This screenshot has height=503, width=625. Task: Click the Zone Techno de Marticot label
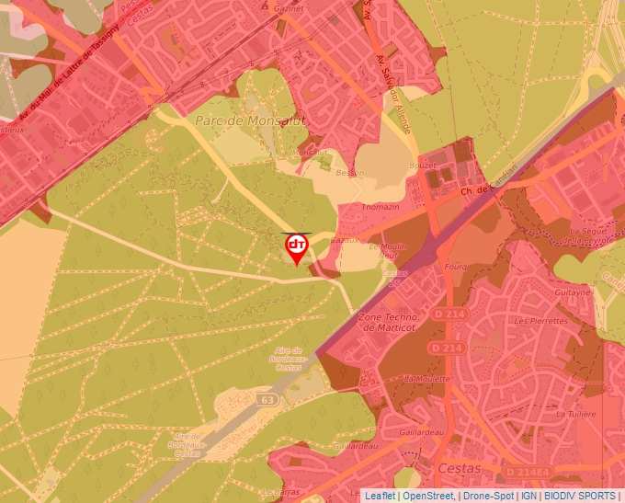[x=385, y=321]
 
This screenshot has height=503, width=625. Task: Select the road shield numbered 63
[x=267, y=400]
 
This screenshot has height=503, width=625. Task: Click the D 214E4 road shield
[x=528, y=472]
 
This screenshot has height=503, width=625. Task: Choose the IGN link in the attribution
[x=529, y=496]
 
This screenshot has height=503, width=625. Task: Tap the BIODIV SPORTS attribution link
[x=579, y=496]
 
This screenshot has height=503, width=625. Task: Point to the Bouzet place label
[x=423, y=166]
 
